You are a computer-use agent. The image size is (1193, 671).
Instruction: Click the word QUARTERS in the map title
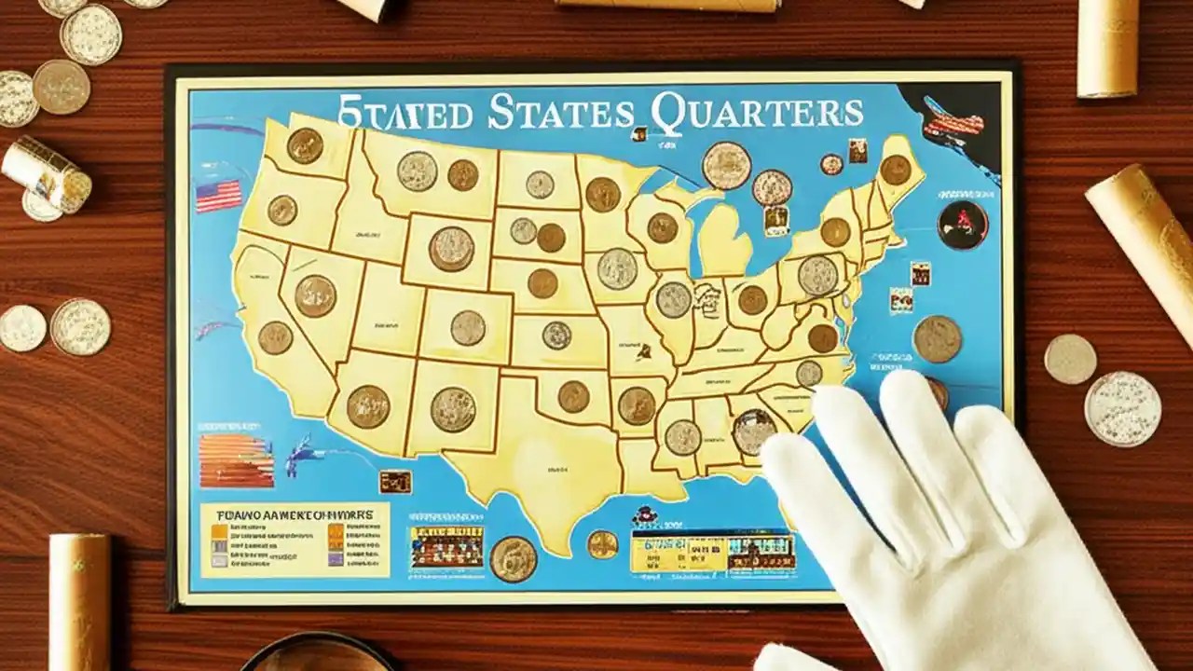coord(757,114)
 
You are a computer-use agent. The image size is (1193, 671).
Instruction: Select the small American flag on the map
coord(218,196)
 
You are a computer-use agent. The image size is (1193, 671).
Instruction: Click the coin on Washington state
coord(305,145)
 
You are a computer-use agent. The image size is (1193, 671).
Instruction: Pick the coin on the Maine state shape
coord(896,170)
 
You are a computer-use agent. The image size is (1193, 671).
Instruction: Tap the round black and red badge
coord(963,225)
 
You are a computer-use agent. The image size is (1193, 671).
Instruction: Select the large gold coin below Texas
coord(514,559)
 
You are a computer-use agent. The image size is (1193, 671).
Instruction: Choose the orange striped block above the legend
coord(236,459)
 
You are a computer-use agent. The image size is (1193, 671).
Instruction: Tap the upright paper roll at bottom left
coord(79,601)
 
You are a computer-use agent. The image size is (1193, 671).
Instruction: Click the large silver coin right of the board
coord(1122,408)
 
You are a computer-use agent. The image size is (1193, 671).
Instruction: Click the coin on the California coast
coord(275,337)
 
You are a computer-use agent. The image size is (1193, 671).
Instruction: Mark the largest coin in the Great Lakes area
coord(726,166)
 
